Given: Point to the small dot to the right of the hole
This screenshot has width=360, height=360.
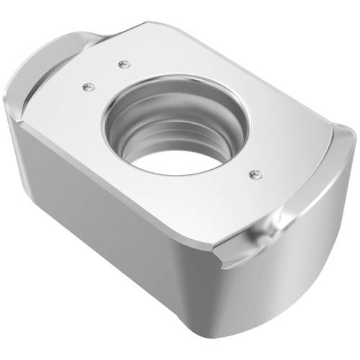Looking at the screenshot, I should coord(253,173).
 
